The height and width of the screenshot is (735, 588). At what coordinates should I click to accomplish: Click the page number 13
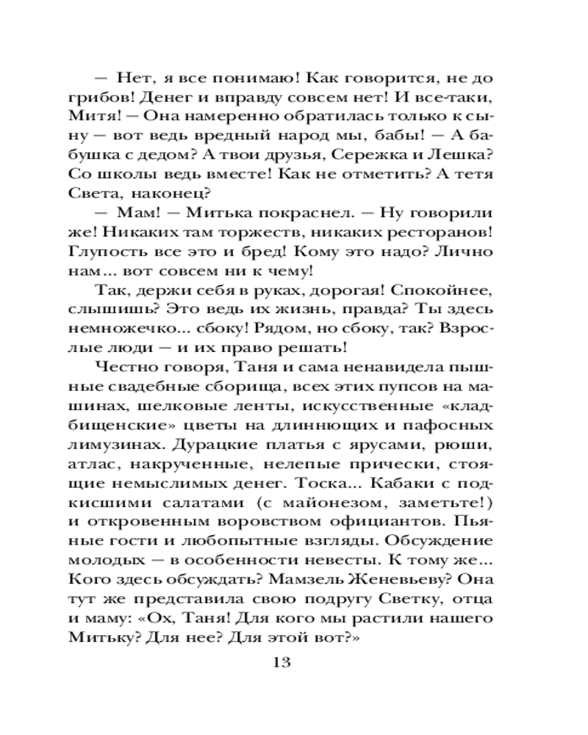click(x=282, y=661)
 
